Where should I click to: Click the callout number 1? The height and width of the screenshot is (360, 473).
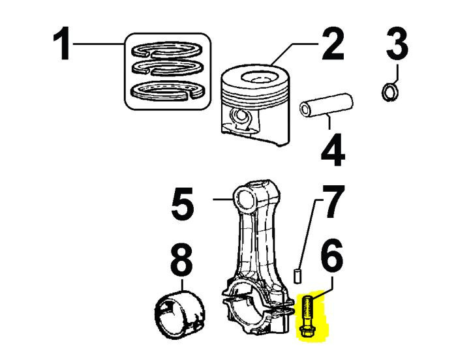click(63, 44)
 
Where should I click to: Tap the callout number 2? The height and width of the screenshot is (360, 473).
click(333, 44)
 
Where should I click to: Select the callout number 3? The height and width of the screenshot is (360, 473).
click(397, 43)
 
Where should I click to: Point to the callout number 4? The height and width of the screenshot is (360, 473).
click(333, 151)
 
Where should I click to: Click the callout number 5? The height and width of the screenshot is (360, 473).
click(183, 204)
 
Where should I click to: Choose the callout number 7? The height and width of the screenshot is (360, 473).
click(333, 201)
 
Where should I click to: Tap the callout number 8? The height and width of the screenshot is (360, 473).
click(182, 260)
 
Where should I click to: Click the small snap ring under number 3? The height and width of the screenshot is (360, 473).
click(389, 92)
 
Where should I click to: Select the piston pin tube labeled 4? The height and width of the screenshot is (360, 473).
click(326, 106)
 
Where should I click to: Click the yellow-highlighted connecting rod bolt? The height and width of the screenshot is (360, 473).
click(307, 317)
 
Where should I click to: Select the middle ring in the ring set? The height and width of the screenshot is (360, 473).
click(167, 68)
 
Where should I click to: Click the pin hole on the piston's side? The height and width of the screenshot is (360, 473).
click(241, 116)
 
